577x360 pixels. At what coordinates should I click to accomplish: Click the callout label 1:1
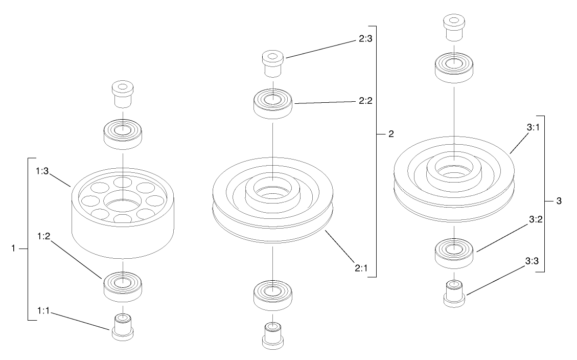click(43, 311)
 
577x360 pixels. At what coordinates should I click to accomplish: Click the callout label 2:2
click(365, 101)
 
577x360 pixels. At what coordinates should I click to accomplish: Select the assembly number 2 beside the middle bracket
click(391, 134)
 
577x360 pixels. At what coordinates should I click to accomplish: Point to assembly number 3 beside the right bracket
click(559, 201)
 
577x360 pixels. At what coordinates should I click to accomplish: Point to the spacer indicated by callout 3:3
click(453, 294)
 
